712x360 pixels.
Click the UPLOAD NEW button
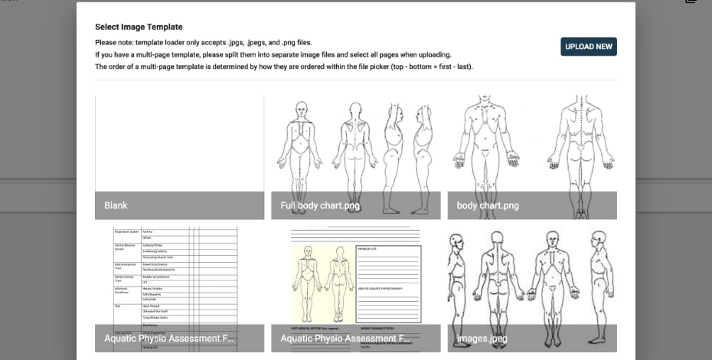(x=588, y=47)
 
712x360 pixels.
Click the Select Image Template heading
(x=139, y=27)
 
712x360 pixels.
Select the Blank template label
(x=116, y=205)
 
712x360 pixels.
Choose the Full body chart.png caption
(x=320, y=205)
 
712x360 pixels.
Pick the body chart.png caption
(x=488, y=205)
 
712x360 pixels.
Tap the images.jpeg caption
(x=482, y=338)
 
